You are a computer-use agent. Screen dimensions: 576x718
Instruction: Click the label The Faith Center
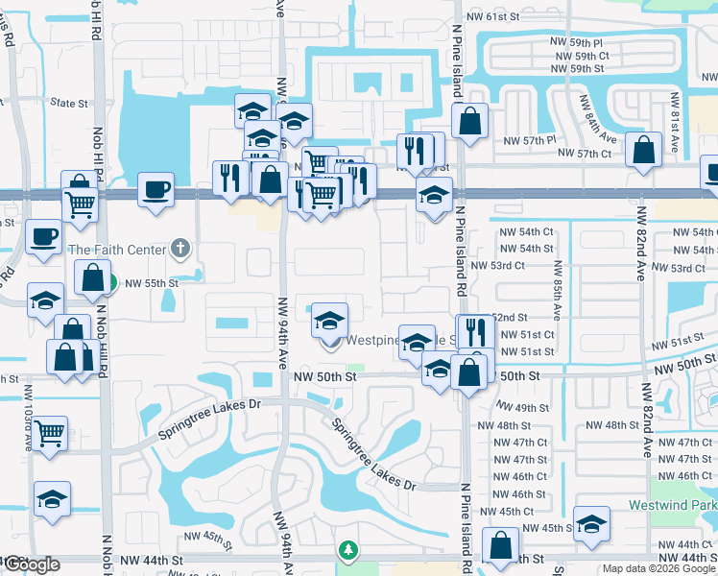pos(119,250)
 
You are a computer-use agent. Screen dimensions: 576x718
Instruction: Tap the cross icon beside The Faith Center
pos(179,249)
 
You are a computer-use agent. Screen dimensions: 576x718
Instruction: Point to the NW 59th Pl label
pos(578,43)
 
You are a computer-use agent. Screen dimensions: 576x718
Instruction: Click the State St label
pos(69,103)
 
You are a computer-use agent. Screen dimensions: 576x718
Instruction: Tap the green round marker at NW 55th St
pos(110,283)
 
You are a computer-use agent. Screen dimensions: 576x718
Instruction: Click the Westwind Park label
pos(673,505)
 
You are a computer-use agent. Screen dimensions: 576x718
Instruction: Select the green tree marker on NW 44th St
pos(348,550)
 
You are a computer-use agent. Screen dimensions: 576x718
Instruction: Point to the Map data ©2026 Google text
pos(658,568)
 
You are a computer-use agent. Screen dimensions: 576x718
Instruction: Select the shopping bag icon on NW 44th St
pos(500,544)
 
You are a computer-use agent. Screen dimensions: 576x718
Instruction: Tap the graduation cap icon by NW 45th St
pos(591,523)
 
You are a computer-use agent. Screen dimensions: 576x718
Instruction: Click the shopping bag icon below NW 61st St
pos(469,122)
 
